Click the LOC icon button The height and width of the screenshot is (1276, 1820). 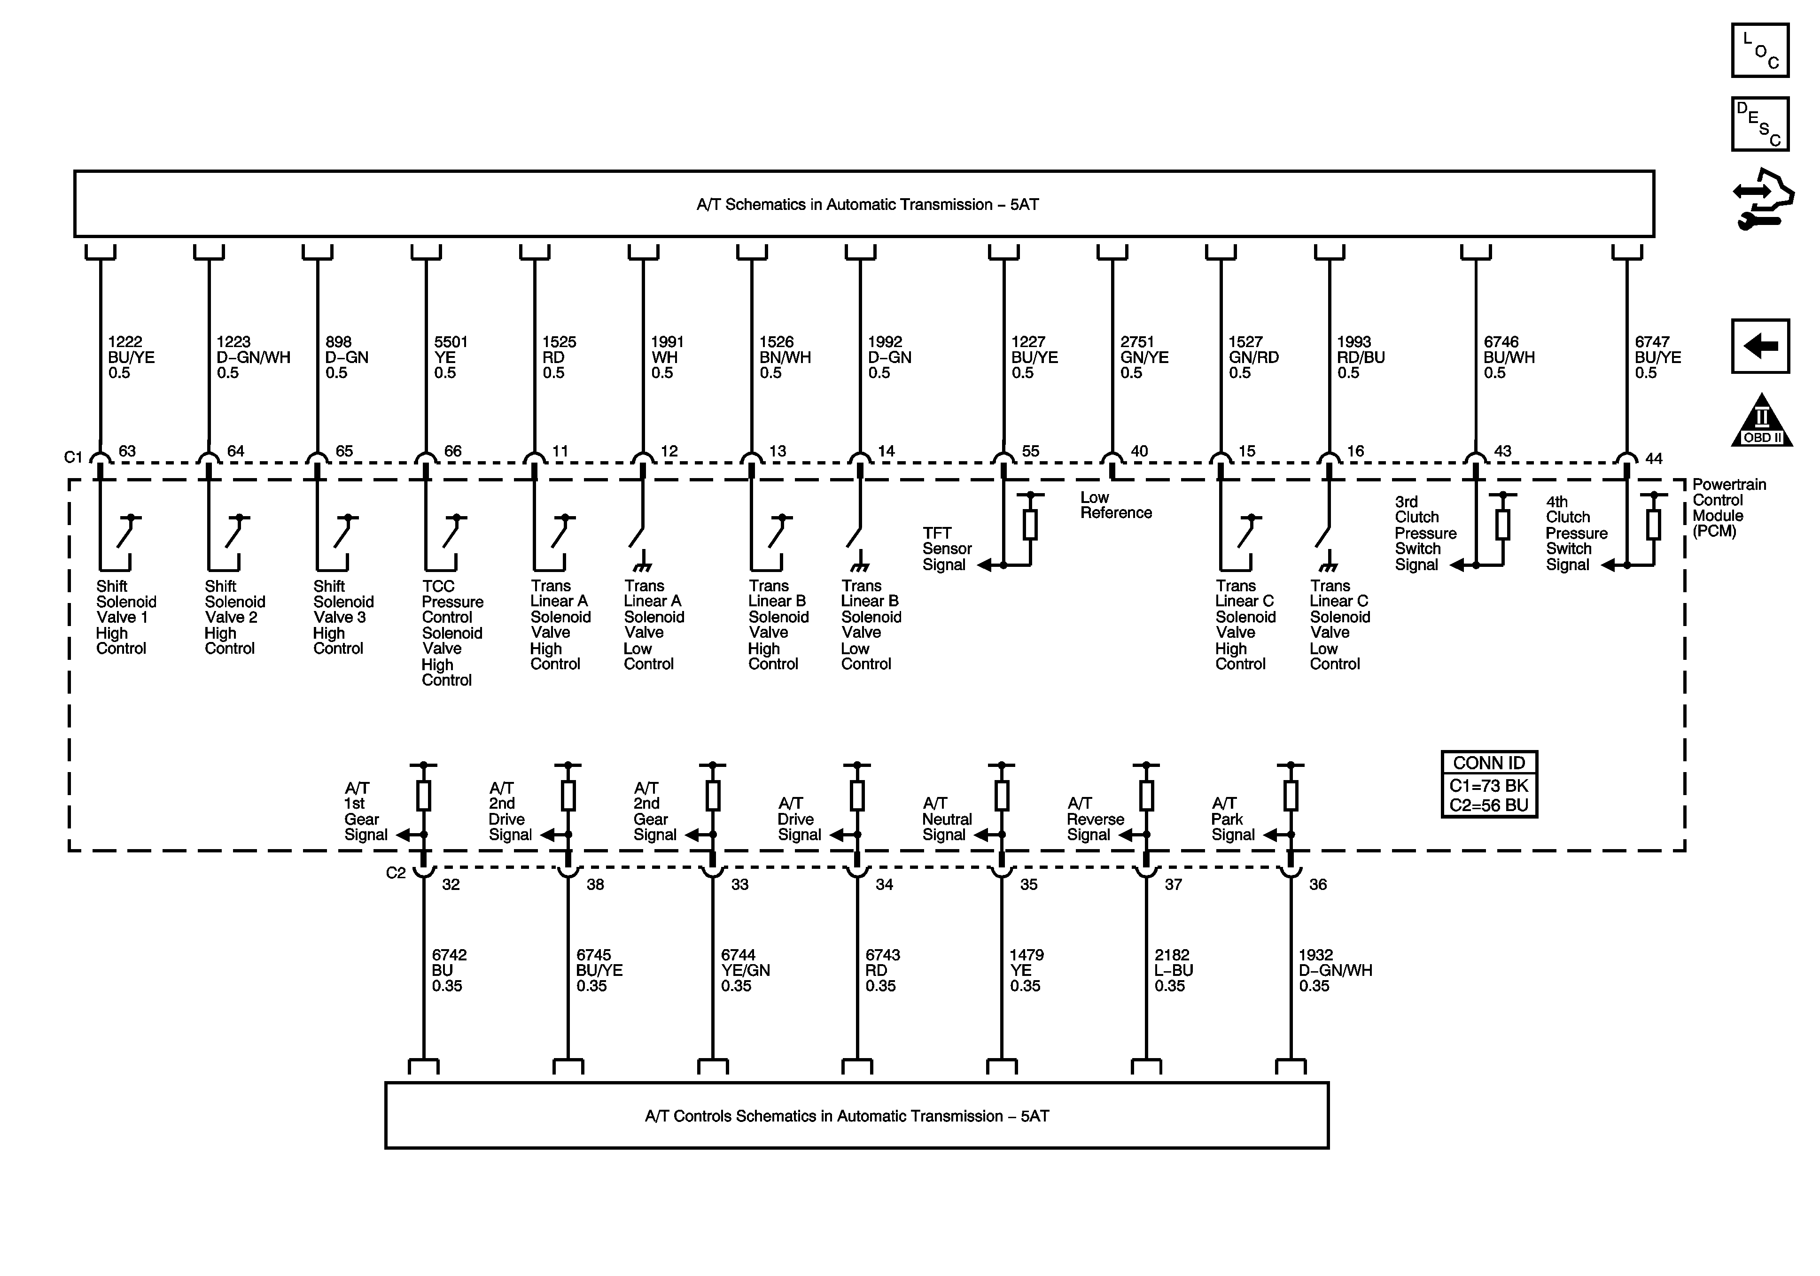click(1760, 51)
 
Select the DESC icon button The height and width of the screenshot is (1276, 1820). click(1760, 124)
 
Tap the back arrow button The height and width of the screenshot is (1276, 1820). click(1760, 346)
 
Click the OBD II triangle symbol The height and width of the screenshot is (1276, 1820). click(1761, 422)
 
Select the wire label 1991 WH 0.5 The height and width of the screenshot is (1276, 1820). click(667, 357)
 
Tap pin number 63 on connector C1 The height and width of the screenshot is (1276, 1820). click(127, 451)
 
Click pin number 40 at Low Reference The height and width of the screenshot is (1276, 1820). click(1139, 451)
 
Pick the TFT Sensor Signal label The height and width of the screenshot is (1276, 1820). click(947, 549)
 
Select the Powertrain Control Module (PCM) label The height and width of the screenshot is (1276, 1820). click(1729, 507)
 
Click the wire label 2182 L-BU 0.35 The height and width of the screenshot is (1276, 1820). click(1173, 970)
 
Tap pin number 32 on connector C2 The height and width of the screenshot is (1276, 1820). click(450, 884)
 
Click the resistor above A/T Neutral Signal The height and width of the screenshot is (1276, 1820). click(1002, 795)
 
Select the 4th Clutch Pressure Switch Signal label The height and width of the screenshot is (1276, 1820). click(1576, 534)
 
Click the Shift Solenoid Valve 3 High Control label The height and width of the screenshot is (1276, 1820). click(343, 618)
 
